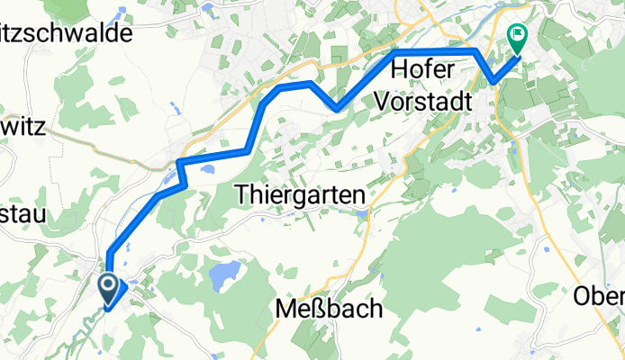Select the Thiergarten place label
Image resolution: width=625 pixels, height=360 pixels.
(x=299, y=193)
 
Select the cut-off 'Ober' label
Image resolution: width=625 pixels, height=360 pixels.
(x=599, y=296)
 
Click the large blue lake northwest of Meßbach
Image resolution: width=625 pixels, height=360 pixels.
(x=225, y=270)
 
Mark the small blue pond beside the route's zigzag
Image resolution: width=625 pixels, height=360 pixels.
(x=206, y=168)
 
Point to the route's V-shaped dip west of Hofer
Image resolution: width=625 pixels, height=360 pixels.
(x=337, y=109)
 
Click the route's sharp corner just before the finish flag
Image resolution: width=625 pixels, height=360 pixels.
(x=494, y=84)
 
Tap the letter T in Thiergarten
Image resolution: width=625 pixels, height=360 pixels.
(x=241, y=193)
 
